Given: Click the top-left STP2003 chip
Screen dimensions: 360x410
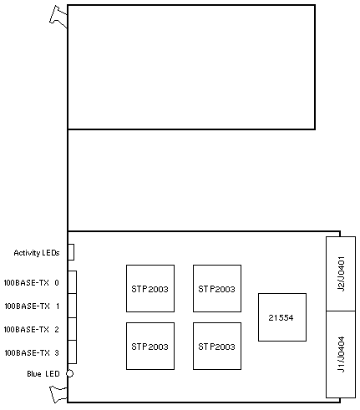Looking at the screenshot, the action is pos(150,288).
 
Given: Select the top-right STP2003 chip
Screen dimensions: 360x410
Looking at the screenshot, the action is pos(217,288).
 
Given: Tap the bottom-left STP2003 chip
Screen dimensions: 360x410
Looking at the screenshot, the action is pos(150,346).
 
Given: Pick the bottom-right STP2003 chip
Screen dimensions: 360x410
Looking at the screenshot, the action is pos(217,346).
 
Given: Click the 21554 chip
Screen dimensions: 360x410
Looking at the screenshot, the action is pos(282,317).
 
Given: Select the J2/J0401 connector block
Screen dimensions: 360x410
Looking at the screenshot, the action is pos(341,274).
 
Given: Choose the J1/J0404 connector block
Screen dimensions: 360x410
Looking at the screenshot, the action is pos(341,354).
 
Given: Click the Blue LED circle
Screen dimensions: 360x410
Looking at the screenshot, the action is pos(69,373).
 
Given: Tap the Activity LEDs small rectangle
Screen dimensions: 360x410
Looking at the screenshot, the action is pos(71,252).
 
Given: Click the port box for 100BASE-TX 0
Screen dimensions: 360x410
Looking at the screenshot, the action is pos(73,282).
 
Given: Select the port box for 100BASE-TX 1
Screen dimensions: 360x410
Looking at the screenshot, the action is pos(73,306).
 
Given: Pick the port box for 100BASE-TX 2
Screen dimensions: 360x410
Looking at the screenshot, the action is pos(73,329).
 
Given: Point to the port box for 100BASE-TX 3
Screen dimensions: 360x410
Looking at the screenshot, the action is pos(73,352).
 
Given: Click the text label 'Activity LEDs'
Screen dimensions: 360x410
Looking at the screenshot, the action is pos(37,253).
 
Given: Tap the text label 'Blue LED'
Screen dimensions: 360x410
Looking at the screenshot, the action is pos(43,373).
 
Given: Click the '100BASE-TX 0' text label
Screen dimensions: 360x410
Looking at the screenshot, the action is pos(31,283).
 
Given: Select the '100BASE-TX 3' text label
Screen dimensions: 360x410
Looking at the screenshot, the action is pos(32,353).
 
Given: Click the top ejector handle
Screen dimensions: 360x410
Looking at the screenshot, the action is pos(58,17).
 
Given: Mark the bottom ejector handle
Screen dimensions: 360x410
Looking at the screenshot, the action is pos(58,394).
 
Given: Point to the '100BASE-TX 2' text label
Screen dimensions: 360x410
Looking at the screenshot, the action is pos(31,330).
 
